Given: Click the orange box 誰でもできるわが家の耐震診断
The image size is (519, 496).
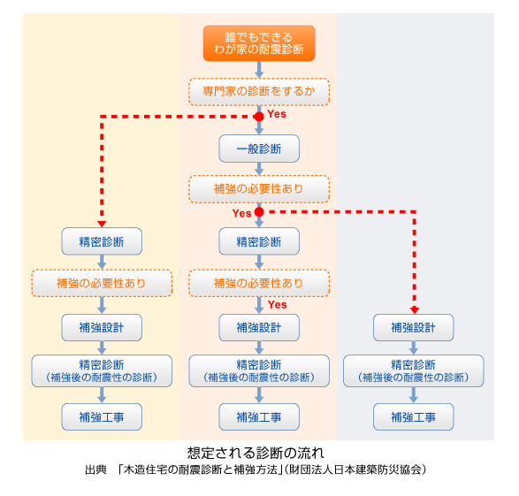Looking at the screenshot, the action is (259, 43).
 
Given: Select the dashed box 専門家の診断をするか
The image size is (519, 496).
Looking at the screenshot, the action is (259, 92).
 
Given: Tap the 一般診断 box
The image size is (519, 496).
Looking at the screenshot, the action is (259, 149).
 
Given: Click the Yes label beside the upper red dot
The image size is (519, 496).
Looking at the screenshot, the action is (277, 114).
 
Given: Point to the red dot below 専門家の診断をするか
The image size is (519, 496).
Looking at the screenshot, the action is (259, 117).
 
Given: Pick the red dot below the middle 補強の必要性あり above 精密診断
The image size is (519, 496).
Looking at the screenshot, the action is (259, 212).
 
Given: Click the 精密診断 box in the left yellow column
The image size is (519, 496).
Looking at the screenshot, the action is (102, 241).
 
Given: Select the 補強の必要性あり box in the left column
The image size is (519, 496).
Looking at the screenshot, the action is (102, 283).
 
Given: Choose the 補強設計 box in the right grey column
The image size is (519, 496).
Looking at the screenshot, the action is (414, 328).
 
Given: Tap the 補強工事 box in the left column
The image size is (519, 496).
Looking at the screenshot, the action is (102, 417).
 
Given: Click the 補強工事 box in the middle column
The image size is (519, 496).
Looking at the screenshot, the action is (259, 417).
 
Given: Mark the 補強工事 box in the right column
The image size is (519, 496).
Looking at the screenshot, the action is (414, 417).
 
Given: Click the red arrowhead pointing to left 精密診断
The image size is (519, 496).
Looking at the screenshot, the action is (102, 224).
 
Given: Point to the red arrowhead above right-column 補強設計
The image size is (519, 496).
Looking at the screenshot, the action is (415, 310).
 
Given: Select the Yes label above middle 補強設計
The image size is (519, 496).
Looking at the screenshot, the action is (278, 305).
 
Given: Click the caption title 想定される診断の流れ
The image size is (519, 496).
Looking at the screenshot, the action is (256, 453).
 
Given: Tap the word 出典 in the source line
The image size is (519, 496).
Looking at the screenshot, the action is (96, 469).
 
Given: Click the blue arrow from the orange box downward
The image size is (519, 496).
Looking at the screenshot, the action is (259, 70).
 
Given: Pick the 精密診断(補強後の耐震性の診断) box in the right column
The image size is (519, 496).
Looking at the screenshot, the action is (414, 371).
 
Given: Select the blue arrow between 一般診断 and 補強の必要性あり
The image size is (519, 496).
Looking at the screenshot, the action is (259, 169).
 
